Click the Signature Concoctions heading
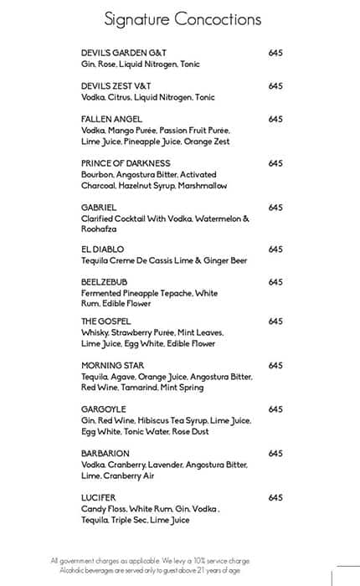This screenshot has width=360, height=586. (183, 19)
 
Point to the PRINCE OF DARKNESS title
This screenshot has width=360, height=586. (126, 162)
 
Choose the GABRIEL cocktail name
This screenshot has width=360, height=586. (99, 207)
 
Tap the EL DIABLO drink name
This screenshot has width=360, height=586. (103, 249)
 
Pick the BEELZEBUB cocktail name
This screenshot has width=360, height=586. (105, 282)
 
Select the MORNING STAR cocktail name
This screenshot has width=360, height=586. (114, 365)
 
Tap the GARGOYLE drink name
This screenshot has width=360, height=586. (105, 409)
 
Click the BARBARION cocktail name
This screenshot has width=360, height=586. (105, 453)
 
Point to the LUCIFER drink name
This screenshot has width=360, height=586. (99, 497)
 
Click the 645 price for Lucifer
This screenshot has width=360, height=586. (275, 497)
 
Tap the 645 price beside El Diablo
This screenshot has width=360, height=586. (275, 249)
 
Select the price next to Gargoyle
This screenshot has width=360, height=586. (275, 409)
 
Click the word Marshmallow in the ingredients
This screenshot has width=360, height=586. (202, 185)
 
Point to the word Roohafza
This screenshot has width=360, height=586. (100, 229)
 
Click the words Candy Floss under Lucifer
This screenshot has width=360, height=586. (101, 509)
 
